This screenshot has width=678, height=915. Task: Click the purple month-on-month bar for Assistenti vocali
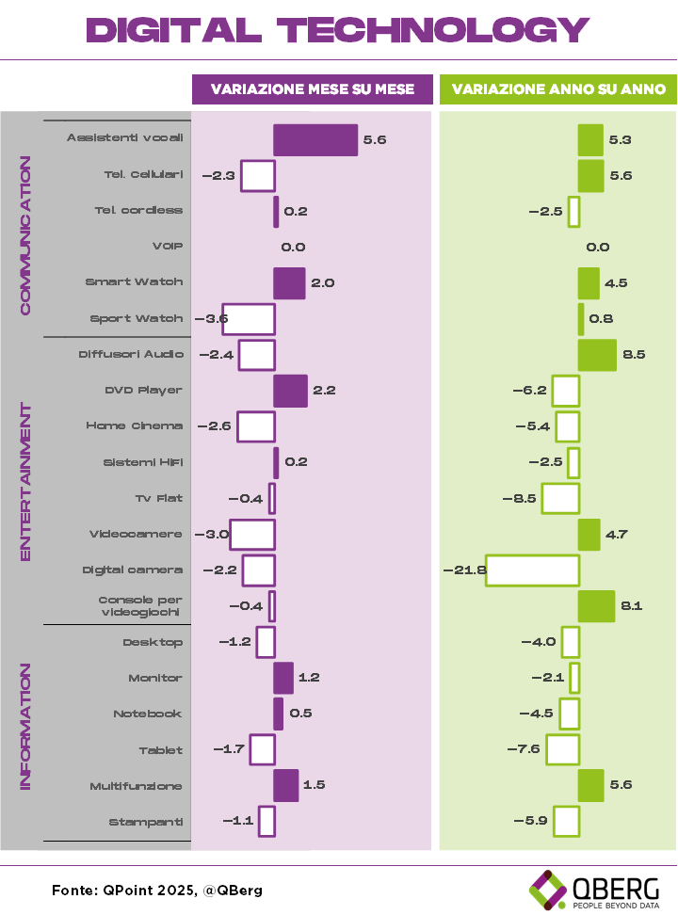(315, 139)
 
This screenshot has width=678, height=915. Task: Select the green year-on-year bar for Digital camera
(532, 570)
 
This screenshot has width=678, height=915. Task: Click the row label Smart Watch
(135, 282)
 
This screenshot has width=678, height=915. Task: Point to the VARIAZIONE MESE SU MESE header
(313, 89)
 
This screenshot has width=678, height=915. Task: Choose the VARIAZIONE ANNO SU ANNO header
(558, 89)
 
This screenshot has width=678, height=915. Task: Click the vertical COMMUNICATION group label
(25, 235)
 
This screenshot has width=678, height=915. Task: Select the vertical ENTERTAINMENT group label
(25, 482)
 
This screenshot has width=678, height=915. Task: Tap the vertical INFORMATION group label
(25, 727)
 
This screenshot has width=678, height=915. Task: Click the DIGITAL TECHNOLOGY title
(339, 30)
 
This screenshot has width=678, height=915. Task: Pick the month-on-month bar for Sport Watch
(248, 319)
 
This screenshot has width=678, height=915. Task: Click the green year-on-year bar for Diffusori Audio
(597, 355)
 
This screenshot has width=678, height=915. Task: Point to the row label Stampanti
(146, 823)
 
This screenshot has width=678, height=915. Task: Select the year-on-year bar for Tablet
(562, 750)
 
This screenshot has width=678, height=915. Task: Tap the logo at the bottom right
(548, 890)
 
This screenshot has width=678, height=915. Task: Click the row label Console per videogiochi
(140, 606)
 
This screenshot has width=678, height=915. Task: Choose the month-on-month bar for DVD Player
(290, 391)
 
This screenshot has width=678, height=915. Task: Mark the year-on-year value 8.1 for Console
(631, 606)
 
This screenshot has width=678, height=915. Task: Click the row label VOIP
(168, 247)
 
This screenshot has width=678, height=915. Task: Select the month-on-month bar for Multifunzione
(285, 786)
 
